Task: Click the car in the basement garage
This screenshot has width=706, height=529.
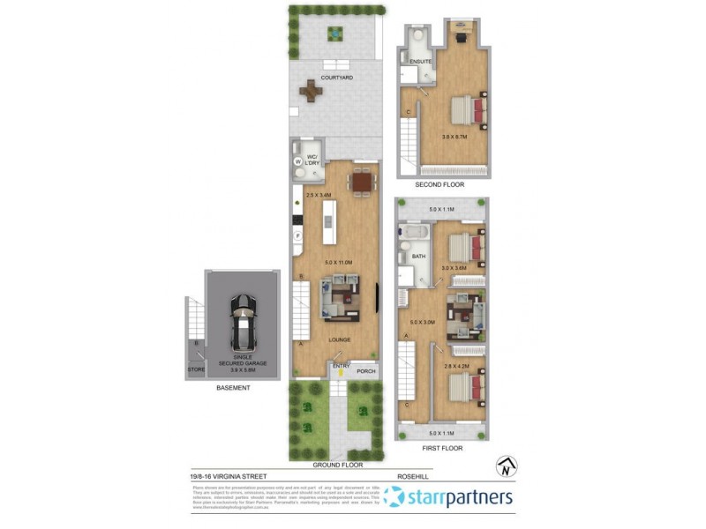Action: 242,322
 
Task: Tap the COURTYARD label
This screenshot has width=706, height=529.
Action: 337,78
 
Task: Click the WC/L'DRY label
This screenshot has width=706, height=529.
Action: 312,160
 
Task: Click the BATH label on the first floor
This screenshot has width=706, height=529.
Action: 419,257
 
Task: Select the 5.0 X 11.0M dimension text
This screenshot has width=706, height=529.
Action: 339,262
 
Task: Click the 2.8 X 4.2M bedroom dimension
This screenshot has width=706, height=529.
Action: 454,364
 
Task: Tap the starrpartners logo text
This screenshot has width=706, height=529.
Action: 459,497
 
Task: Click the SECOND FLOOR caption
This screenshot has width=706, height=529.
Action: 439,185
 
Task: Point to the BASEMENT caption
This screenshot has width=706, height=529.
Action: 233,387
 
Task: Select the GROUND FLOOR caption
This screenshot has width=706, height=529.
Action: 337,464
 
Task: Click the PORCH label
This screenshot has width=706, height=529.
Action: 366,371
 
